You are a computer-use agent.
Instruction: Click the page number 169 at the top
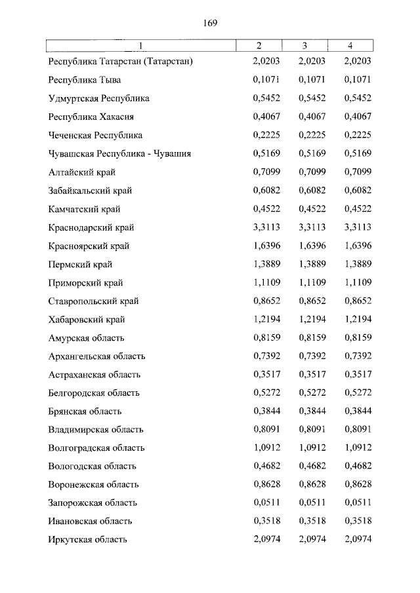(x=210, y=22)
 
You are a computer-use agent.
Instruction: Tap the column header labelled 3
(x=304, y=46)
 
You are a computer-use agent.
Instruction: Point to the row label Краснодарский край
(x=91, y=228)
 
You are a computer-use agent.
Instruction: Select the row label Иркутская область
(x=88, y=540)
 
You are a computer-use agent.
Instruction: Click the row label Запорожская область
(x=93, y=503)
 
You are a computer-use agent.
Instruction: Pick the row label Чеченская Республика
(x=96, y=136)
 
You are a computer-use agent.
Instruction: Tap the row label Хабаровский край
(x=87, y=320)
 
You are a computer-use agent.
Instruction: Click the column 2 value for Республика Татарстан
(x=266, y=62)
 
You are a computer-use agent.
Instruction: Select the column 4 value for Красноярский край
(x=358, y=246)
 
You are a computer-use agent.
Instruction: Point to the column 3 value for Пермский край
(x=312, y=265)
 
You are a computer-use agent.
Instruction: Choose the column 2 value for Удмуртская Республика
(x=266, y=98)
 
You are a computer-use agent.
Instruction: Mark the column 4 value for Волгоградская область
(x=358, y=448)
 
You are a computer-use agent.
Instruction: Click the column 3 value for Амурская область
(x=312, y=338)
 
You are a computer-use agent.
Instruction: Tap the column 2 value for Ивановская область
(x=266, y=522)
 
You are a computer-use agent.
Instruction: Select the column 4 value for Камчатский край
(x=358, y=210)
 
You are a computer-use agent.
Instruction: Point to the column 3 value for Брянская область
(x=312, y=411)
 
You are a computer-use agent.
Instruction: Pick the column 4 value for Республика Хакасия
(x=358, y=117)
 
